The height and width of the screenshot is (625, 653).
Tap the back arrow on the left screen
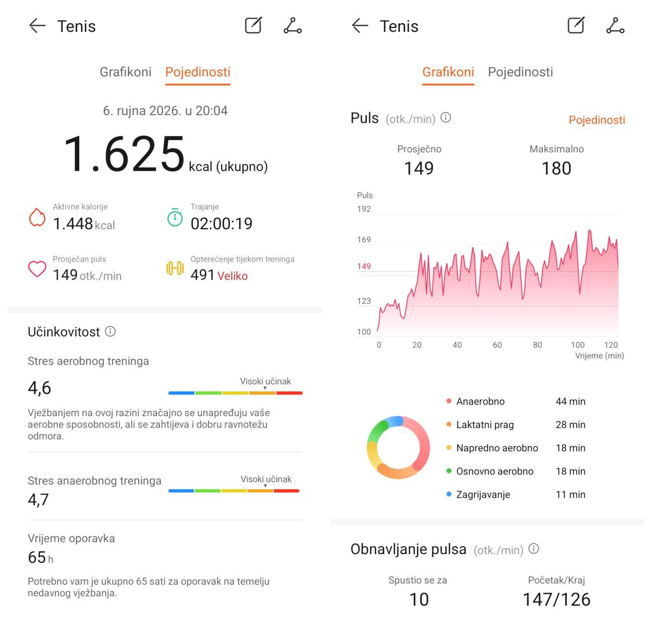point(37,26)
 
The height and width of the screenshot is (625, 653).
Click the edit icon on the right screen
point(576,25)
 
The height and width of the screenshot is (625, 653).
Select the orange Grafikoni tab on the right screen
point(448,72)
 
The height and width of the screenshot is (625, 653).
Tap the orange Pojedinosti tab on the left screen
point(198,72)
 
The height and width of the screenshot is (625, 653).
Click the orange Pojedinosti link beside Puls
point(597,120)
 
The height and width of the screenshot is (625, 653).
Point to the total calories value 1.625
point(124,154)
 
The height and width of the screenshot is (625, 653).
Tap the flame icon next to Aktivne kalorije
point(37,218)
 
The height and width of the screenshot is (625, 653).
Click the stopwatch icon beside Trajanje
point(175,218)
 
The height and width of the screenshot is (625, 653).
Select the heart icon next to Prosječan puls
point(37,269)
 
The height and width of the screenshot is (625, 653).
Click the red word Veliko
point(232,276)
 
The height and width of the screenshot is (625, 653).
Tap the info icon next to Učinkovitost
point(111,332)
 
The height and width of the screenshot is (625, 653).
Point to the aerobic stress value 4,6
point(39,388)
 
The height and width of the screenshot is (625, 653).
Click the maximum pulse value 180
point(556,168)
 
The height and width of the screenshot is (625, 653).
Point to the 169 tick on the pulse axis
point(364,240)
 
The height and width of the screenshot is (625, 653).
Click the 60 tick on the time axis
point(497,345)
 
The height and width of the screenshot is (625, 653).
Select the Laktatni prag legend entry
point(485,425)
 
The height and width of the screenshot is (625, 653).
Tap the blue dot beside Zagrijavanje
point(449,494)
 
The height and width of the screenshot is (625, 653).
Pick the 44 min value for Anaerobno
point(571,402)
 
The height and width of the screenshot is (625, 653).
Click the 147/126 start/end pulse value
point(556,600)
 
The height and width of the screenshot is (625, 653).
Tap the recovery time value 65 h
point(41,557)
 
